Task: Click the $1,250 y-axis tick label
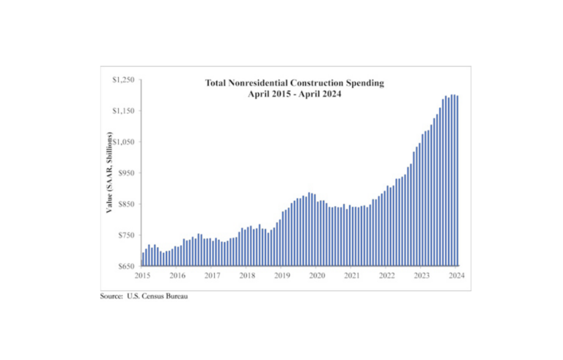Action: (122, 79)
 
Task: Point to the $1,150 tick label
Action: (122, 111)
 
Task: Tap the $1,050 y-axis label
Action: (122, 142)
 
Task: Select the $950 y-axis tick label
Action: (125, 173)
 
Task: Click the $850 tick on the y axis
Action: (125, 204)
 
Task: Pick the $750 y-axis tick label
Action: (125, 235)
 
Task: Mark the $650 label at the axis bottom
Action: (125, 266)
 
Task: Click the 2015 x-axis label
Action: (142, 276)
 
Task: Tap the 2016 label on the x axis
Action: (177, 276)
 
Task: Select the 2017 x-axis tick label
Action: (213, 276)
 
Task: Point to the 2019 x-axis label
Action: (282, 276)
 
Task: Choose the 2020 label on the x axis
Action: (317, 276)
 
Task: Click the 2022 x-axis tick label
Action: (387, 276)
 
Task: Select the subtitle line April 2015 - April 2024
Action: (294, 94)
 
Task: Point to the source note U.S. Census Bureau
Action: (150, 297)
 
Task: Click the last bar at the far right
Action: (458, 180)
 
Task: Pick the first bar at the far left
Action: (143, 259)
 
